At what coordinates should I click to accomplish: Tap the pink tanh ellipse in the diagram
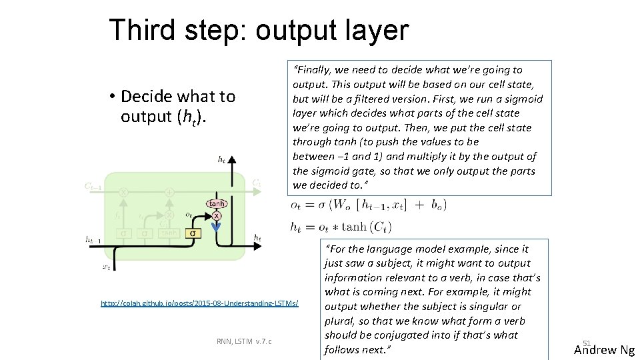(217, 204)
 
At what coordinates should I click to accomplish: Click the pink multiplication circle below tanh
(217, 216)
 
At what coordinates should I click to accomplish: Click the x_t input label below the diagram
(106, 267)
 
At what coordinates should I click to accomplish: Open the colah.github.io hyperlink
(199, 303)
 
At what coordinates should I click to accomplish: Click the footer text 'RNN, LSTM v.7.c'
(244, 342)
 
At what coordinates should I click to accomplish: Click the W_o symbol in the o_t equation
(341, 205)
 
